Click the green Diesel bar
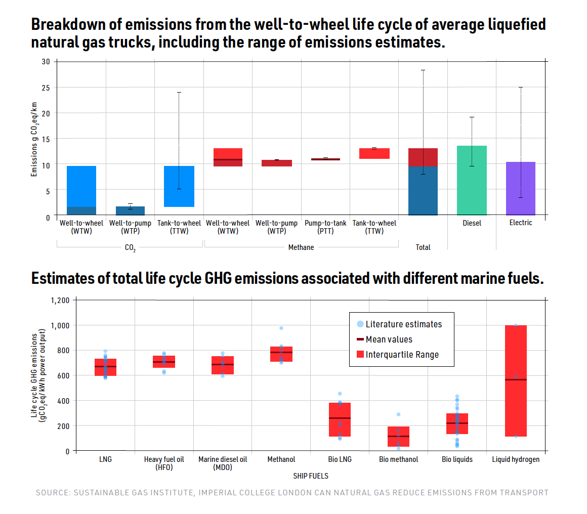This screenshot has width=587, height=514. click(472, 180)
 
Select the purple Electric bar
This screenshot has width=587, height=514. click(520, 188)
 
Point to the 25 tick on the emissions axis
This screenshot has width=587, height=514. click(46, 87)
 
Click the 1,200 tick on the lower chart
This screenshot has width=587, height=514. click(60, 300)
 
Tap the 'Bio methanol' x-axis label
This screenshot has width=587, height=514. click(399, 459)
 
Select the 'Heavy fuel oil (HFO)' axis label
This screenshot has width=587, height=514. click(164, 463)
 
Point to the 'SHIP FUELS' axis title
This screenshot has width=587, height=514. click(311, 476)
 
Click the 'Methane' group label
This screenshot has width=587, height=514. click(301, 247)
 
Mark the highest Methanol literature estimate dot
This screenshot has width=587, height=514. click(281, 328)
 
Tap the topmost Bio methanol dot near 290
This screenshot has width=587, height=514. click(398, 414)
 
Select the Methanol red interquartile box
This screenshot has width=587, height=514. click(281, 354)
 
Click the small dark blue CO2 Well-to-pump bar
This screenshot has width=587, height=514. click(130, 210)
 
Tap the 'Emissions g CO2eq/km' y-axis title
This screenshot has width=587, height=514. click(34, 138)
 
